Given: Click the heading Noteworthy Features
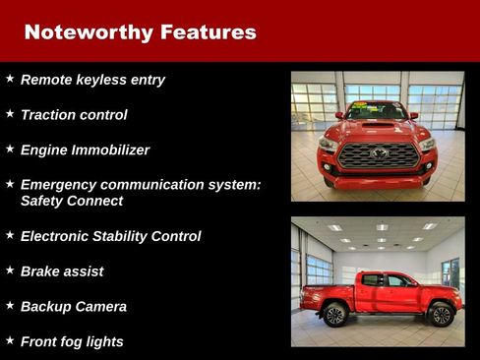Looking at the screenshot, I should point(140,31).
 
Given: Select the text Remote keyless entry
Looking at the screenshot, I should point(92,80).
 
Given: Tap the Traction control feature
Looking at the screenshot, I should point(74,115).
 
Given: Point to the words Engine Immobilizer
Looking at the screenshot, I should point(85,150).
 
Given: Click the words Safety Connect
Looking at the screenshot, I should point(72,201).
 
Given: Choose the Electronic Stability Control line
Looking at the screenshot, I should point(110,236).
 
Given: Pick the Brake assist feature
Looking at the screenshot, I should point(62,271).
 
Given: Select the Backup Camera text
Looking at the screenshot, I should point(74,307).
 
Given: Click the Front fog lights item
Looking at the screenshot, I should point(72,342).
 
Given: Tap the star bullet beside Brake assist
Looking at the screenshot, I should point(10,270).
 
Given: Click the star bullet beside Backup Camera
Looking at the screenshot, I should point(10,305).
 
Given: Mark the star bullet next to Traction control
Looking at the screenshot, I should point(10,113).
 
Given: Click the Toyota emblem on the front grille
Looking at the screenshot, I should point(378,151).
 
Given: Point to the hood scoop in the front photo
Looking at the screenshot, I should point(378,125).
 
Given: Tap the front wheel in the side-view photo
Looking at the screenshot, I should point(440,315).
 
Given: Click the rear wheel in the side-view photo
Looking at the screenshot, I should point(335,315).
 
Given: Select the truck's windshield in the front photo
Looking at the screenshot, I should point(378,110).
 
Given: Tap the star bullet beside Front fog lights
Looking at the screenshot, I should point(10,340).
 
